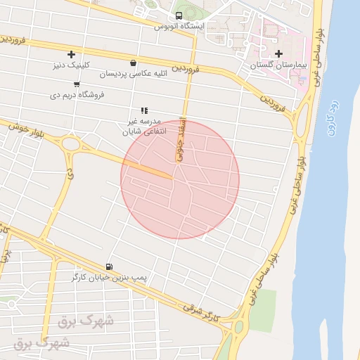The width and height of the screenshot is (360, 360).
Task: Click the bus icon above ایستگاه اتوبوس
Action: (179, 15)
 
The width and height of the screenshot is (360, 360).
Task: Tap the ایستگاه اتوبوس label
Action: (179, 27)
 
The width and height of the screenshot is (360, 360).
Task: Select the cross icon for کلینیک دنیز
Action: (71, 54)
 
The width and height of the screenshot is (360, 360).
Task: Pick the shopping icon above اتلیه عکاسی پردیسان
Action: (133, 63)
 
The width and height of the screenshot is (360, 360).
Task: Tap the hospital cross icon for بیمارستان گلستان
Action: (279, 53)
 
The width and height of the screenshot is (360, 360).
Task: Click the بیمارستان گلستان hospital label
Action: (279, 65)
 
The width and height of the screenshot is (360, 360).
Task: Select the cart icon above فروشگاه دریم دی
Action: (77, 84)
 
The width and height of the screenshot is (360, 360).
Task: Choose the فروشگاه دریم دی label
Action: (77, 94)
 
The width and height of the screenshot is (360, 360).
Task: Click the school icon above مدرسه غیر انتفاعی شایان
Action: (144, 110)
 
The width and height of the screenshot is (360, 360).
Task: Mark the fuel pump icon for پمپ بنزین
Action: (109, 266)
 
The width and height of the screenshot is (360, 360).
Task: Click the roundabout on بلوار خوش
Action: (70, 144)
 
